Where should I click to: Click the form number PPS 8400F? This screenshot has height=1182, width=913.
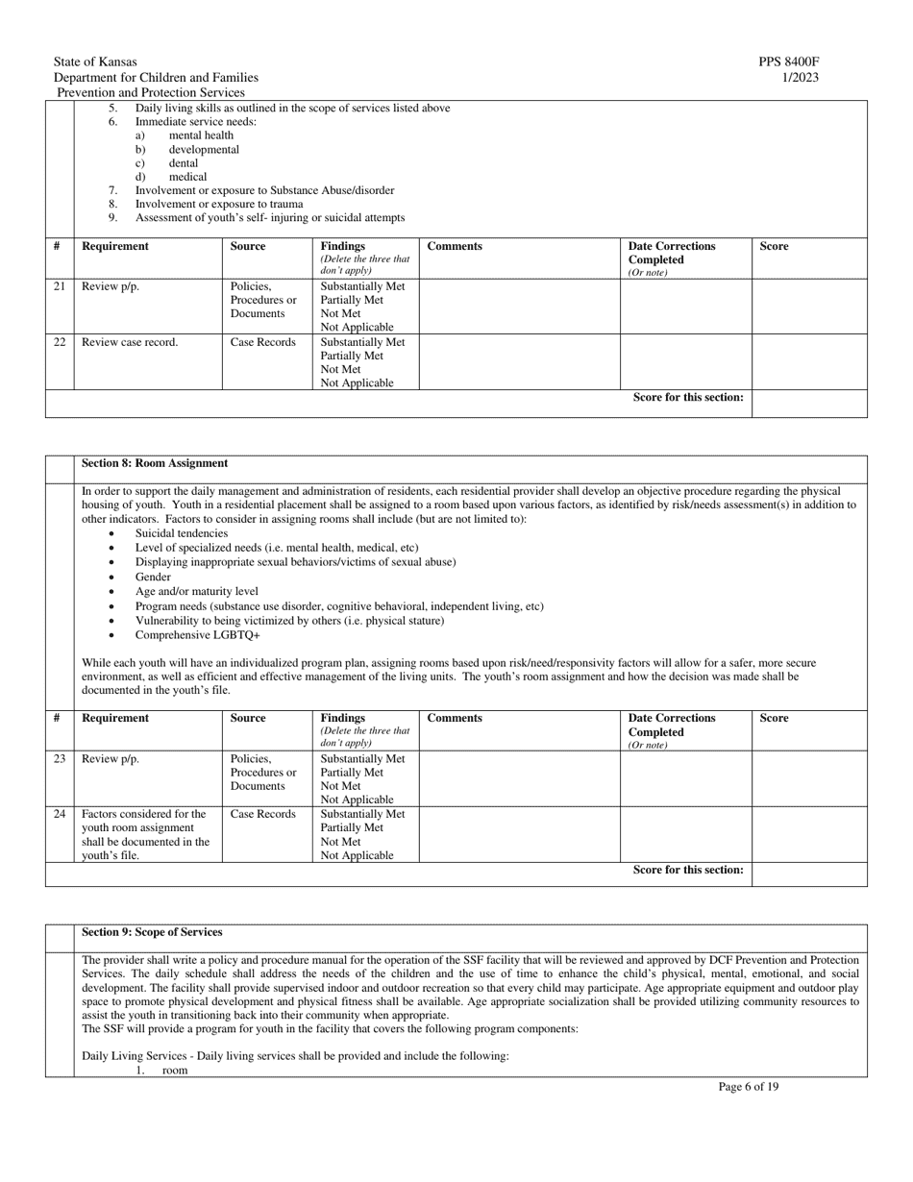pos(788,62)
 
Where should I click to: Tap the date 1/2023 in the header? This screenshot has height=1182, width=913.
pos(801,78)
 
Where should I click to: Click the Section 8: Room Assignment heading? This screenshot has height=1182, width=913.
pos(155,463)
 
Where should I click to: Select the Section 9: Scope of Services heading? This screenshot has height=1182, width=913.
pos(152,932)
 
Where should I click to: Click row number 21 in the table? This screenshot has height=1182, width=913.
pos(60,286)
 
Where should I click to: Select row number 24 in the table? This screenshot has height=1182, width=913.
pos(60,814)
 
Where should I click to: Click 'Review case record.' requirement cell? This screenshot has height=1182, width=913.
pos(130,342)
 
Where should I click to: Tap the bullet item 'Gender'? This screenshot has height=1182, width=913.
pos(153,577)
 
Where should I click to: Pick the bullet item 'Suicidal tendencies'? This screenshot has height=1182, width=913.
pos(182,533)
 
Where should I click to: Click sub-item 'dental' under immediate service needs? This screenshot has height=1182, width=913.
pos(184,163)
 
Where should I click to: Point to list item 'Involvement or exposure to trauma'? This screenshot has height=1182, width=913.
pos(218,204)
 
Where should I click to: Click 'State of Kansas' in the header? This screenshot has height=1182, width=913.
pos(95,62)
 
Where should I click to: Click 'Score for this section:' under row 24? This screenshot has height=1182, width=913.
pos(688,870)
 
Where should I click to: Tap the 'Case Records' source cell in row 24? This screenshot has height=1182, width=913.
pos(262,814)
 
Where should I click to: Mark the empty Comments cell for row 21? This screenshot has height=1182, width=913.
pos(519,306)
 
